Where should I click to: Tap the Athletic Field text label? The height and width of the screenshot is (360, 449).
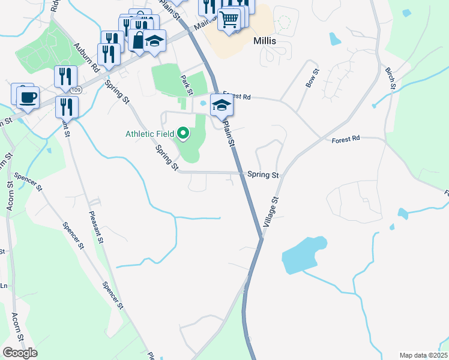[150, 133]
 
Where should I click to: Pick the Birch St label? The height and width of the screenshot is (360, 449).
[391, 79]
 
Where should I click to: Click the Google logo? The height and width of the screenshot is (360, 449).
[20, 353]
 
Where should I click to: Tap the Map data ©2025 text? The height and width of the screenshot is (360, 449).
[423, 355]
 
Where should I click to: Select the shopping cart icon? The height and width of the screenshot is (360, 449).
[229, 19]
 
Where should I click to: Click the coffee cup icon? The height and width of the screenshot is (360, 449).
[27, 97]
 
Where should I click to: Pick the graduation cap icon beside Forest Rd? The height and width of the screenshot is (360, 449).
[221, 105]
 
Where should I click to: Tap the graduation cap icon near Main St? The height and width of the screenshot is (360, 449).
[155, 40]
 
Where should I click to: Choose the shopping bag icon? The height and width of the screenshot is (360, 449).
[139, 41]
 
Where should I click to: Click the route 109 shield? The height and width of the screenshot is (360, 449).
[74, 90]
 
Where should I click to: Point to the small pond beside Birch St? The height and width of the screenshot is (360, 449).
[334, 39]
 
